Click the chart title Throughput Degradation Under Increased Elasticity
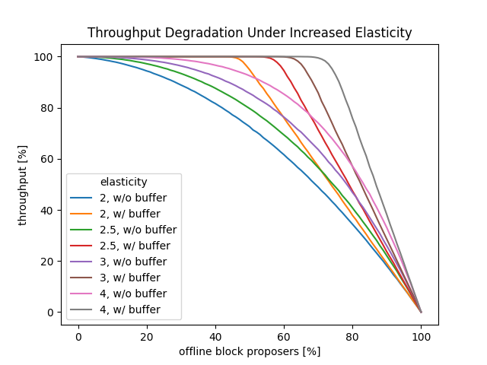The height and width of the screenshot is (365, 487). [250, 33]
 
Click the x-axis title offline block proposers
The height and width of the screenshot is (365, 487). [250, 351]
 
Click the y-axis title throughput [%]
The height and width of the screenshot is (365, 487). [23, 185]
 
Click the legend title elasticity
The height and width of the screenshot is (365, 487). [123, 182]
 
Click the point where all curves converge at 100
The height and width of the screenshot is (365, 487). [421, 312]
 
